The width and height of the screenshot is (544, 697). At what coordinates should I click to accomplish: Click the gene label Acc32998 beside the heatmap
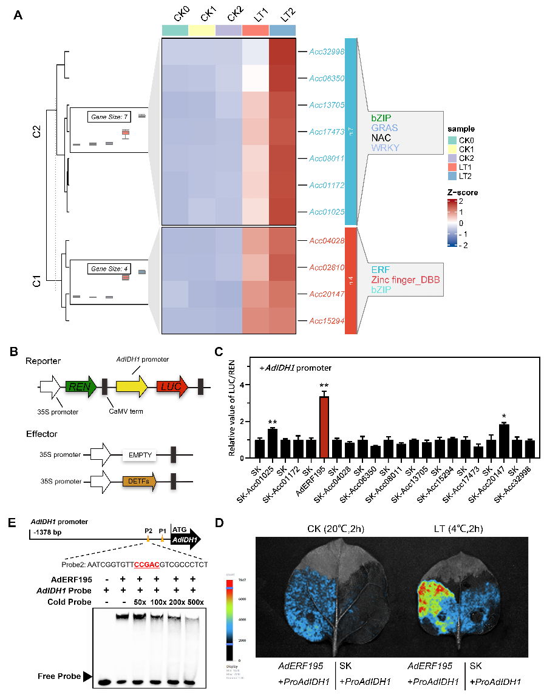click(327, 52)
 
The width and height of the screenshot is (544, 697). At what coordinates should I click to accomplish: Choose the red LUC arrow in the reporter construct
click(171, 386)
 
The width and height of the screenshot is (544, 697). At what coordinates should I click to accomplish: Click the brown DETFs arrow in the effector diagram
click(139, 482)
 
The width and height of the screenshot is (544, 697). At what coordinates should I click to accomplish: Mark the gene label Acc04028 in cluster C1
click(327, 241)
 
